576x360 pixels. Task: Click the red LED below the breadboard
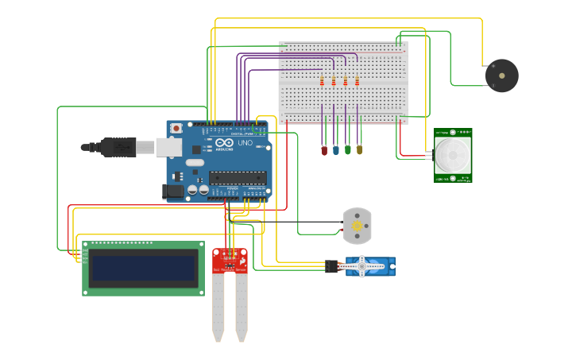324,149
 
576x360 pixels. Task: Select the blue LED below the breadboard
336,149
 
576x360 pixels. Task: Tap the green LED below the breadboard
348,149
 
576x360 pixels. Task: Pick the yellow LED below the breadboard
359,149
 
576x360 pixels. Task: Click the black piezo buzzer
501,75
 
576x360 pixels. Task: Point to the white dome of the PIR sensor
452,156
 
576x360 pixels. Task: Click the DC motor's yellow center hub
358,226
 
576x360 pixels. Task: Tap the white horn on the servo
362,266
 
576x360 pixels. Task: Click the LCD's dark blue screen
143,268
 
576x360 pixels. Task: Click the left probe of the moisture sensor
218,306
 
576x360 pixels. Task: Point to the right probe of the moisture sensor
242,306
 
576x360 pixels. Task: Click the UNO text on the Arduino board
225,144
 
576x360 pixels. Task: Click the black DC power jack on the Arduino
172,191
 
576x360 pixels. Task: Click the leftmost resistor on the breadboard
322,81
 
